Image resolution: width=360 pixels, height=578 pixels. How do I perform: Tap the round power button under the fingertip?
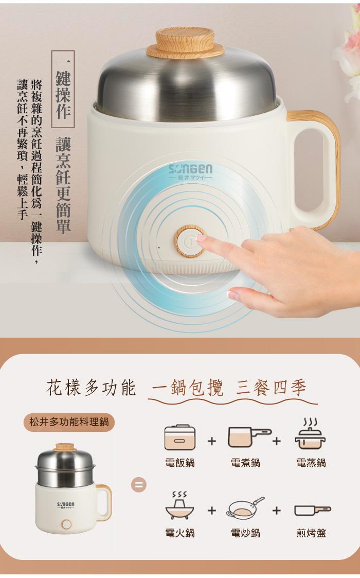click(x=190, y=241)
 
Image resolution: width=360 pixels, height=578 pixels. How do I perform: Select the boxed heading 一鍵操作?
click(x=63, y=89)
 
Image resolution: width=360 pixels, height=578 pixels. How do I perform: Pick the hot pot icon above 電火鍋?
click(x=180, y=505)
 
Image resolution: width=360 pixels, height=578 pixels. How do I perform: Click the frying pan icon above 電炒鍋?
click(x=245, y=507)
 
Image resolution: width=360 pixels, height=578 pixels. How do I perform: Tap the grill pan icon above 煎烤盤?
click(x=313, y=510)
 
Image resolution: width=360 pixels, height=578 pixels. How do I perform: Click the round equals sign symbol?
click(x=138, y=485)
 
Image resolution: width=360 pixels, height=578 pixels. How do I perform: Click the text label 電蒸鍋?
click(x=311, y=463)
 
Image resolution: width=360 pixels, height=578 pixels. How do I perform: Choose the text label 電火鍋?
click(x=180, y=533)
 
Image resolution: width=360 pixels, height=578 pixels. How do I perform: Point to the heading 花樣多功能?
click(x=91, y=388)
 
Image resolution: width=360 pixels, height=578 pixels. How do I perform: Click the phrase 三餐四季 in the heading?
click(x=271, y=388)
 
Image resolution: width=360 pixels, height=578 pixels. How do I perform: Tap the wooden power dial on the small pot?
click(x=67, y=524)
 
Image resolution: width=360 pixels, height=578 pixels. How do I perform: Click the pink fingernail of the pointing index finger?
click(x=202, y=238)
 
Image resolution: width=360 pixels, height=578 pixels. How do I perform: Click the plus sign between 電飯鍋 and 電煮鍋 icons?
click(x=212, y=441)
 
